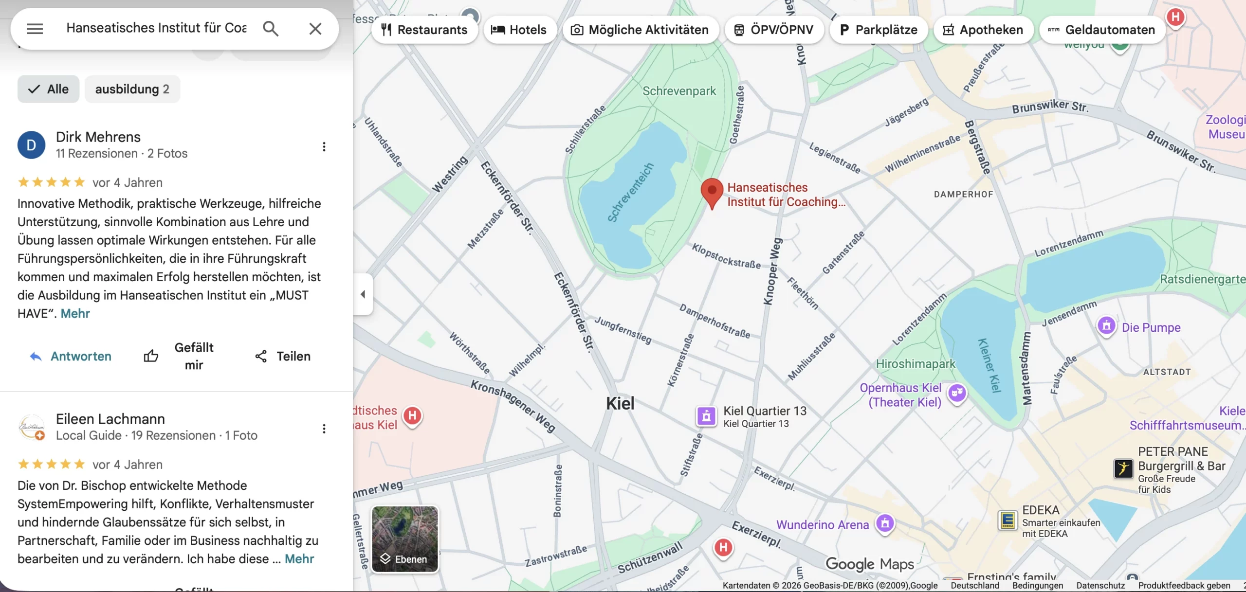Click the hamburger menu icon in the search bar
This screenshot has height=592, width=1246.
(x=35, y=29)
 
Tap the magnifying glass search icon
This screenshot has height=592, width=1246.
(x=271, y=29)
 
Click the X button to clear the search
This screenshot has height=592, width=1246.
(x=315, y=29)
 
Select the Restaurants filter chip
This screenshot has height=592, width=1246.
(x=424, y=30)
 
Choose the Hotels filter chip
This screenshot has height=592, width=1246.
(x=519, y=30)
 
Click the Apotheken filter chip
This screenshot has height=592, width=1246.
(x=983, y=30)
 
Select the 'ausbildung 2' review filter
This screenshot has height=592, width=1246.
(x=132, y=89)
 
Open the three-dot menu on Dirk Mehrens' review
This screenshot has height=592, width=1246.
(x=324, y=146)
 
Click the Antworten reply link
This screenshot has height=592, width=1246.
(x=71, y=356)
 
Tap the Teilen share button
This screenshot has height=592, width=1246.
(x=283, y=356)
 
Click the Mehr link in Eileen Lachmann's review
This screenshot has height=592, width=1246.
(x=299, y=558)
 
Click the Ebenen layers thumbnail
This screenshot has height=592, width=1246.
(x=404, y=539)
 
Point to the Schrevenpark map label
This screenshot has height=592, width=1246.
(x=679, y=91)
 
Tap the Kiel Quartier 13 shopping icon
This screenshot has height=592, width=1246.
(x=706, y=416)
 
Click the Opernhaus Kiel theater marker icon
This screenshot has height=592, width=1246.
(x=957, y=392)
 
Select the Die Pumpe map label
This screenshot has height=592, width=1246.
(x=1151, y=327)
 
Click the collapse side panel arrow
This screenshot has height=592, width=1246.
(x=363, y=294)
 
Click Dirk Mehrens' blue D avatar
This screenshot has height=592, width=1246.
(x=31, y=145)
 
